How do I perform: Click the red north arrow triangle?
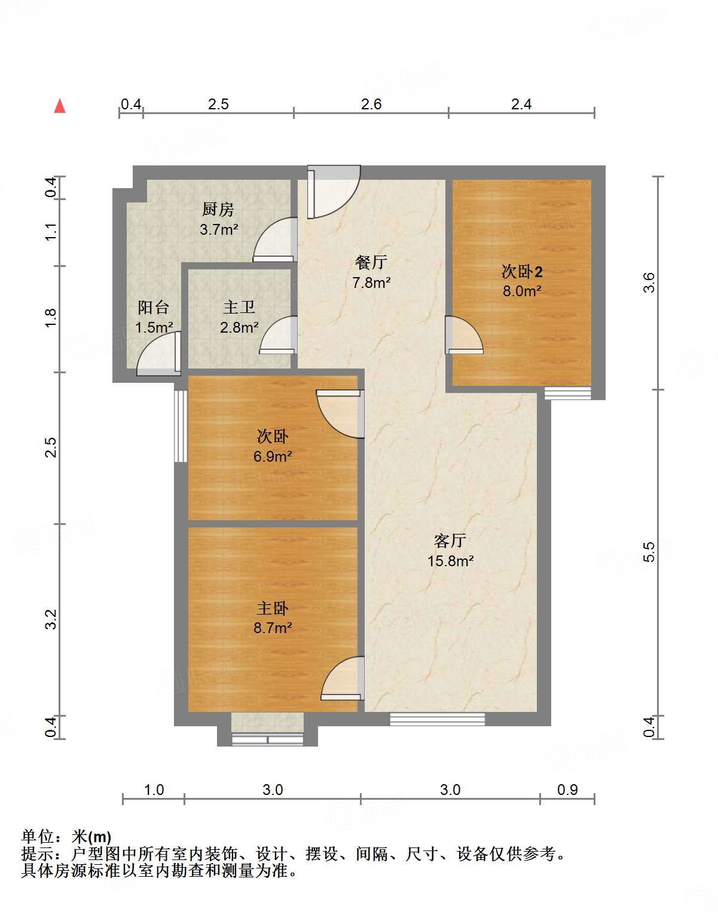[x=60, y=106]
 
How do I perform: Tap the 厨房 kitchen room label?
[x=218, y=210]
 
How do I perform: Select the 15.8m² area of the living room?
[x=450, y=561]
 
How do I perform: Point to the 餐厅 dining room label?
[x=371, y=262]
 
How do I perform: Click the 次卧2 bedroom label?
[x=521, y=272]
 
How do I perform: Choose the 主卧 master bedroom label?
[x=273, y=609]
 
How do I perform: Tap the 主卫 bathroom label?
[x=239, y=307]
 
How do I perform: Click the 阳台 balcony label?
[x=154, y=307]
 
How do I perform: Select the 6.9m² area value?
[x=273, y=456]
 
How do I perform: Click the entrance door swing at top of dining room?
[x=334, y=192]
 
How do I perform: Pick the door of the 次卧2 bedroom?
[x=464, y=335]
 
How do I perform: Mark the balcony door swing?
[x=158, y=354]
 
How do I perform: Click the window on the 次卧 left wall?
[x=181, y=426]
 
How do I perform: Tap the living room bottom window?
[x=437, y=719]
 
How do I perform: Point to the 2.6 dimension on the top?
[x=371, y=105]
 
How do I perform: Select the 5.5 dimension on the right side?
[x=649, y=552]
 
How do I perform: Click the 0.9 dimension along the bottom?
[x=567, y=790]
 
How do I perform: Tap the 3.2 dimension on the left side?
[x=50, y=619]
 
